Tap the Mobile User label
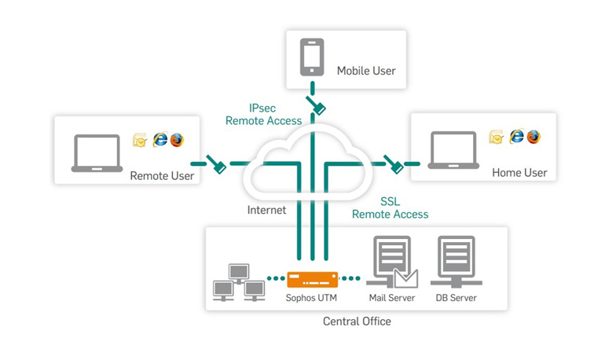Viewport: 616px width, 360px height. [x=366, y=71]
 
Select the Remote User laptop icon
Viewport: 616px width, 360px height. [x=97, y=153]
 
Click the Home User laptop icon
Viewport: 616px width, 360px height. [x=453, y=151]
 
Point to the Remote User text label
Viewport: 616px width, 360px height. [x=162, y=176]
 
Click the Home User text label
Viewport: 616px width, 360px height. [x=519, y=173]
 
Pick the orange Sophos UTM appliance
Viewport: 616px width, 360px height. [x=312, y=278]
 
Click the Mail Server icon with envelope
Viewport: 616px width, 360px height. [x=391, y=263]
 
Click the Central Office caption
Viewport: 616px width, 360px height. [x=357, y=321]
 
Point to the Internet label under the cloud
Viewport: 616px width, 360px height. [x=266, y=210]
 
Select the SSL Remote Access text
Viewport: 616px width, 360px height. [x=390, y=208]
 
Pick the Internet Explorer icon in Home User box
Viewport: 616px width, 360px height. [x=516, y=137]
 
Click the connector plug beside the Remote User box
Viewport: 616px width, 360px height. [x=217, y=164]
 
